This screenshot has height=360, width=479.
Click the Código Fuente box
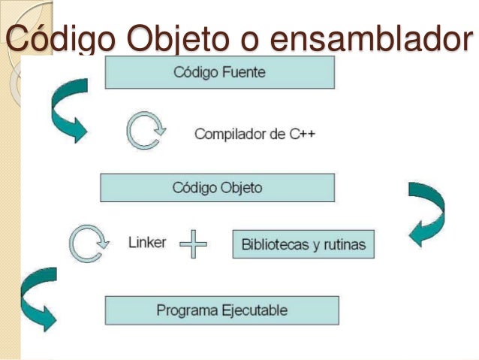point(219,73)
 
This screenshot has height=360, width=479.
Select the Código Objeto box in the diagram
point(218,187)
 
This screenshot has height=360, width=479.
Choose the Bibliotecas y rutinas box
point(303,245)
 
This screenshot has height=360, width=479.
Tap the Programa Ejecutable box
point(221,310)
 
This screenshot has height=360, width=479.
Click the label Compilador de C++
point(255,135)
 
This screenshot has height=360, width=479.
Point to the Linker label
point(147,244)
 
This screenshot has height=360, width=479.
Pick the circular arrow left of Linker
point(85,244)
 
